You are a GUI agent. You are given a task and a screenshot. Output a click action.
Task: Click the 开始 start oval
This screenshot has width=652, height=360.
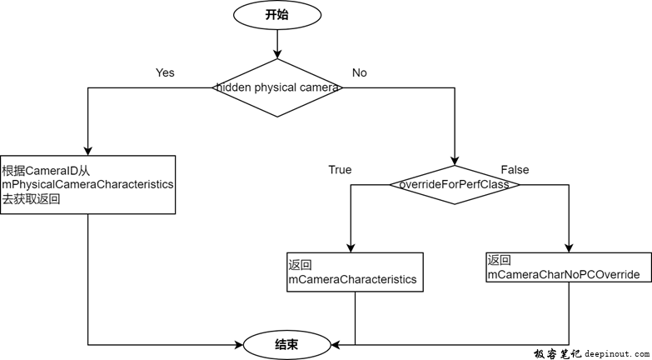(x=276, y=14)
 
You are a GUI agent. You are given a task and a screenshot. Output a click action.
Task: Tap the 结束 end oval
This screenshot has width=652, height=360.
(x=286, y=343)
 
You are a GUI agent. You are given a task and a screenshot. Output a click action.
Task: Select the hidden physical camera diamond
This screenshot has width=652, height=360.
(x=276, y=87)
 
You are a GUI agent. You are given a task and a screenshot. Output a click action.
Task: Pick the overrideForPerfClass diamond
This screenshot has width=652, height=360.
(x=455, y=184)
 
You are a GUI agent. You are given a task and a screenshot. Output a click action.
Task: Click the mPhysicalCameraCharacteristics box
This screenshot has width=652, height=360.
(x=88, y=184)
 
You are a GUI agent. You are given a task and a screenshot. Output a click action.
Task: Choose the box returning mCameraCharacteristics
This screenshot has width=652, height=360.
(x=356, y=272)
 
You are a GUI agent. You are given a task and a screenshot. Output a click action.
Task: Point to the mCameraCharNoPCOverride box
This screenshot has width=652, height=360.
(x=569, y=267)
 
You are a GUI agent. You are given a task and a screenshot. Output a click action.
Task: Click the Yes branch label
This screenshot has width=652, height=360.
(x=165, y=72)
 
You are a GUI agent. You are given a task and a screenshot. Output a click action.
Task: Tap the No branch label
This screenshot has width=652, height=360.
(x=360, y=72)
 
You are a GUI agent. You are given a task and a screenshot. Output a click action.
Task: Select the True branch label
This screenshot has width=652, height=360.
(x=340, y=170)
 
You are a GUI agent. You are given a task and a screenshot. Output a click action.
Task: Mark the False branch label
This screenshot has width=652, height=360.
(x=515, y=170)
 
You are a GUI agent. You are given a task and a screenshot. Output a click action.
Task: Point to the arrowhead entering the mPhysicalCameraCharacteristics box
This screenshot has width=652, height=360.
(x=88, y=150)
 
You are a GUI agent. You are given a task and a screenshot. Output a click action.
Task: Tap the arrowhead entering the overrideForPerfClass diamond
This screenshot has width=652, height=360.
(x=455, y=159)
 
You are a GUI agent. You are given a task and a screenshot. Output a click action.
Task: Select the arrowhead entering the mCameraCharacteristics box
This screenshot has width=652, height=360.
(x=351, y=247)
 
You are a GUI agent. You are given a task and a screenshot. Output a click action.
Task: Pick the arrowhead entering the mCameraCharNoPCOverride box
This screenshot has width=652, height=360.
(x=569, y=247)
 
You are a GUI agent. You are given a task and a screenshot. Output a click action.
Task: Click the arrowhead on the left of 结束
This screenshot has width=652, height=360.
(x=239, y=343)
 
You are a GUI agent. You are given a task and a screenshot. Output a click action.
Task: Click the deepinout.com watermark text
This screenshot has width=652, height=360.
(x=614, y=353)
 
